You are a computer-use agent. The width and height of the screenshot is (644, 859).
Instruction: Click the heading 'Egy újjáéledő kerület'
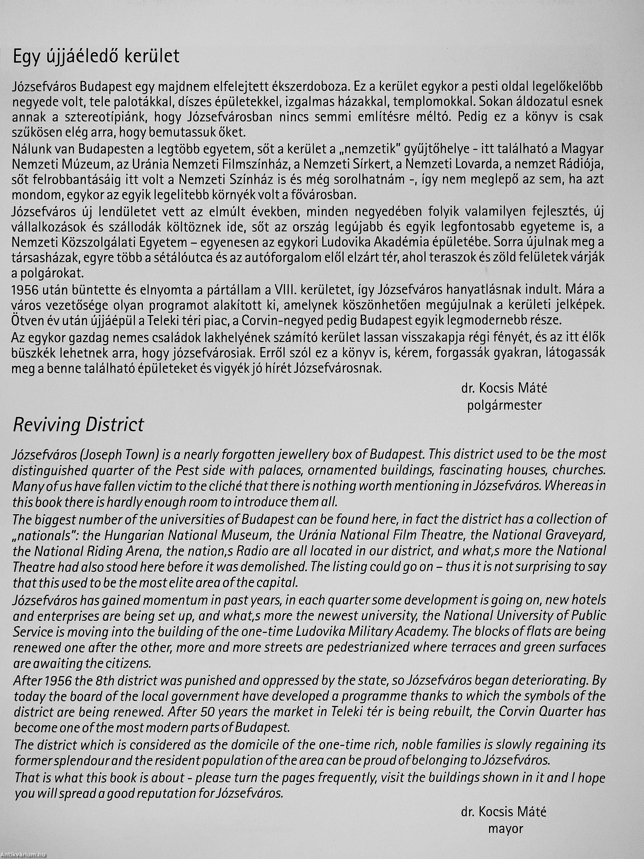point(96,57)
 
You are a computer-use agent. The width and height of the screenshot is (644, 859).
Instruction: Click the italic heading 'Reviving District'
point(78,425)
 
